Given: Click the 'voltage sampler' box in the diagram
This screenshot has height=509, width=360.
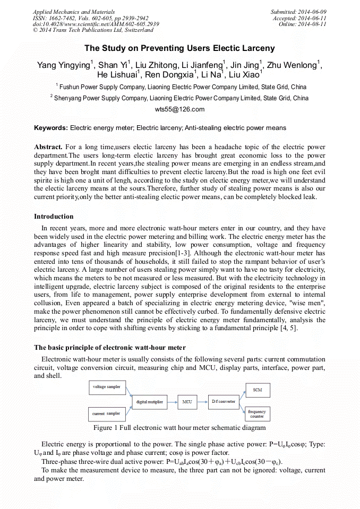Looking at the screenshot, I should coord(107,387).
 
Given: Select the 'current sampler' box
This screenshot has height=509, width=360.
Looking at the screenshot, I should coord(106,413).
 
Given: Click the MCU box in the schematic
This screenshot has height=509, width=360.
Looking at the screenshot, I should coord(187,402).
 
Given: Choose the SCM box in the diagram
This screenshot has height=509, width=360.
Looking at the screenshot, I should coord(258,390).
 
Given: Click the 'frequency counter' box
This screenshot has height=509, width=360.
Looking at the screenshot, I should coord(258,414).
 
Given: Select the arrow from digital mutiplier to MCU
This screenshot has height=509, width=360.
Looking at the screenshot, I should coord(172,402).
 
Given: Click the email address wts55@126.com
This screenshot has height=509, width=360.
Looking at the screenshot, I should coord(179,109).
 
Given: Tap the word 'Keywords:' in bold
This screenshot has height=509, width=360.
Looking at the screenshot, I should coord(51,128).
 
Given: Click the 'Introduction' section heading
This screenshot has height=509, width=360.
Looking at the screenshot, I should coord(54,217).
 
